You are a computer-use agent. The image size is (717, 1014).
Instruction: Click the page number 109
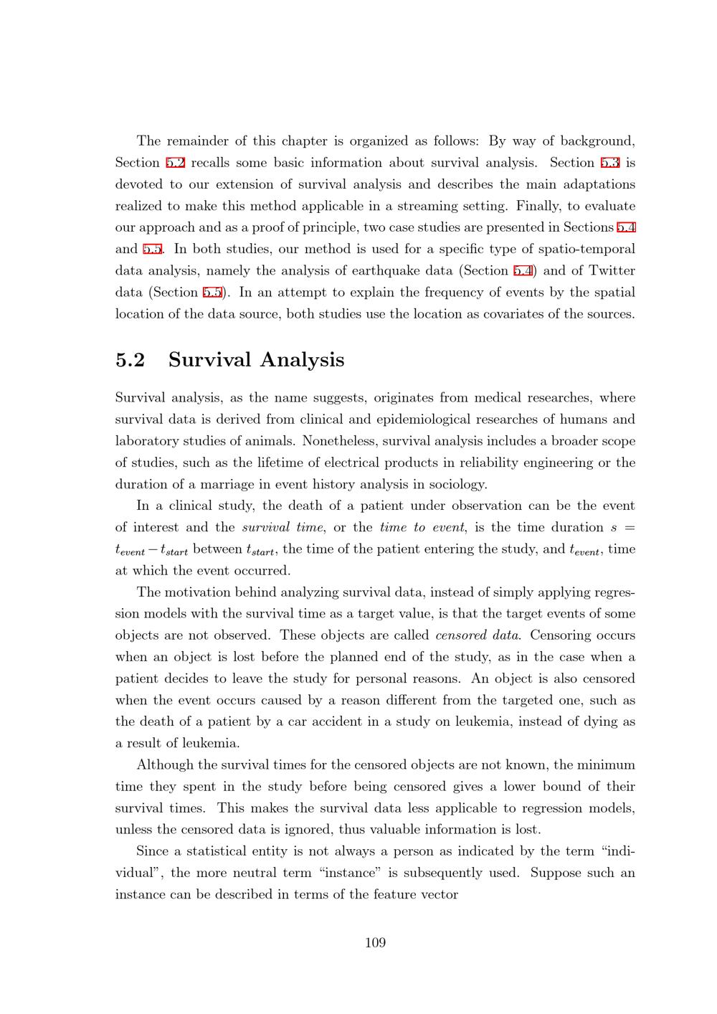(375, 942)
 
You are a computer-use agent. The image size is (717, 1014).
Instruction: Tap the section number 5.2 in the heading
(130, 359)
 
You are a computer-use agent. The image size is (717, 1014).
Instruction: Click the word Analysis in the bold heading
(302, 359)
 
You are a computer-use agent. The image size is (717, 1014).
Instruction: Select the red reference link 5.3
(610, 163)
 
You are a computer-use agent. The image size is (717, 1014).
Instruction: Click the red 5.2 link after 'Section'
(176, 163)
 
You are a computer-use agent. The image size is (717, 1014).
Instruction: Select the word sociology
(458, 484)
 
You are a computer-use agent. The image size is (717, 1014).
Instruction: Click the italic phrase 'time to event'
(422, 527)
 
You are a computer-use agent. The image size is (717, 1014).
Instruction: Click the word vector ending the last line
(440, 894)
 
